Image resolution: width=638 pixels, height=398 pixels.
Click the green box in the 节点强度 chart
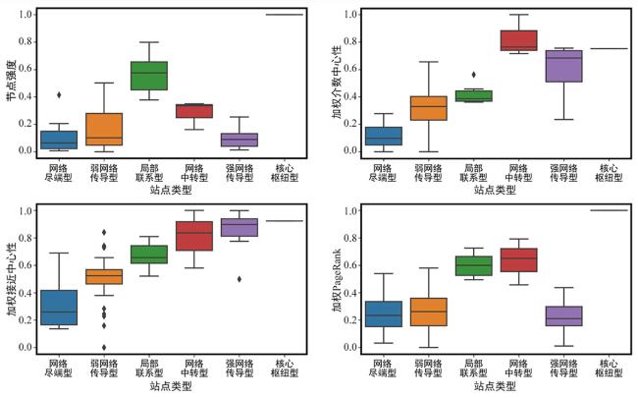point(149,76)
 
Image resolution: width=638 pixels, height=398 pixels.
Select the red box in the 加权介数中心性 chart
point(519,40)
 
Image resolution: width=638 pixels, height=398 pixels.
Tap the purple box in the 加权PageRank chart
point(564,316)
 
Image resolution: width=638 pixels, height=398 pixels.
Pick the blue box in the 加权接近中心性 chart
point(59,308)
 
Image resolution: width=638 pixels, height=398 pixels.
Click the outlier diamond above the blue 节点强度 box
point(59,95)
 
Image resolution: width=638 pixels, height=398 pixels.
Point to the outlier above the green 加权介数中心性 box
point(474,75)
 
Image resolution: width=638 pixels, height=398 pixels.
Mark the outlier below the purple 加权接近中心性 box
point(239,279)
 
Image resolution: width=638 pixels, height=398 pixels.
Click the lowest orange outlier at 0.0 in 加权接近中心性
point(104,348)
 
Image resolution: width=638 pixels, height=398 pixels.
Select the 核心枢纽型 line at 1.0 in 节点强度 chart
point(285,15)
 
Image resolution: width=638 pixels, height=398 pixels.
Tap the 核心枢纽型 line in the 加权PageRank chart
point(610,210)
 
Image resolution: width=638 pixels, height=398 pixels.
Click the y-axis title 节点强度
point(12,81)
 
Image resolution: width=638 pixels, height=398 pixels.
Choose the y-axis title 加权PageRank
point(336,281)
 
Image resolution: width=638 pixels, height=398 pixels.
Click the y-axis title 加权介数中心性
point(336,83)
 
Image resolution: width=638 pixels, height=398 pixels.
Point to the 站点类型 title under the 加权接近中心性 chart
point(171,386)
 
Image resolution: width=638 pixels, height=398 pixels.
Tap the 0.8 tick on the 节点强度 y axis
point(26,42)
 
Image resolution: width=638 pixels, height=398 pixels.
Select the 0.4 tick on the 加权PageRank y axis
point(350,293)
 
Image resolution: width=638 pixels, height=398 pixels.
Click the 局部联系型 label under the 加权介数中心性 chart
point(474,173)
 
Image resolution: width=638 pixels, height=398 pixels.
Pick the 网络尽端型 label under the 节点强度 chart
point(59,173)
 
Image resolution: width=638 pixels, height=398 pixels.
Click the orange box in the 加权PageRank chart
point(429,313)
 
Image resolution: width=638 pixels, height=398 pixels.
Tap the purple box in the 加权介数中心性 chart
point(564,67)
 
